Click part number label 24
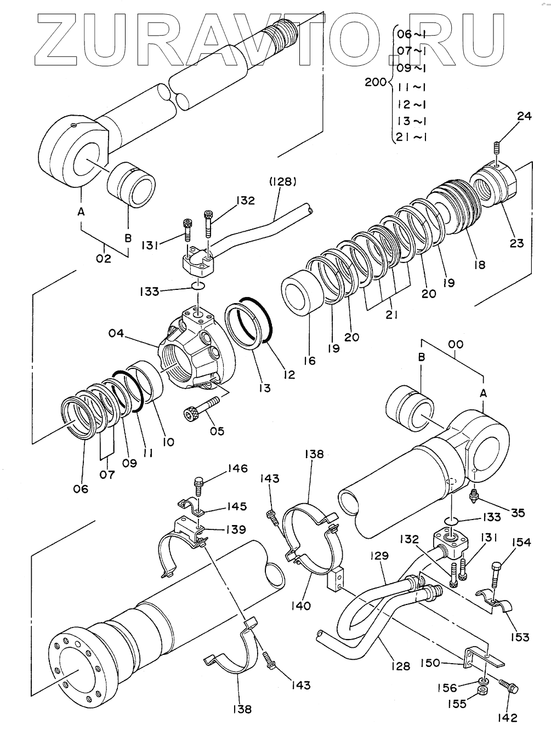point(524,116)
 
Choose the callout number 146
point(238,469)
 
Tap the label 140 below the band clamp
point(301,606)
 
